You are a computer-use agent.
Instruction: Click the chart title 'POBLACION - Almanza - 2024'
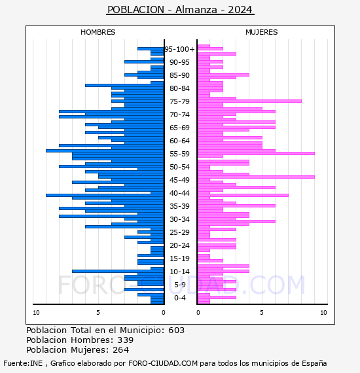180,10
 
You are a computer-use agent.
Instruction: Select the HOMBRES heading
98,32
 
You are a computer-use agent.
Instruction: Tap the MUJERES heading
262,32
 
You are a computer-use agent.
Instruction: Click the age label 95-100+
179,49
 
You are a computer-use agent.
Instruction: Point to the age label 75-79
179,101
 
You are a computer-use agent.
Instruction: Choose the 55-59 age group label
179,154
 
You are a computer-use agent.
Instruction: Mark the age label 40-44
179,193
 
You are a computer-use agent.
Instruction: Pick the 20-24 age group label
179,245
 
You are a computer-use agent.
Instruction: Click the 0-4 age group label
179,298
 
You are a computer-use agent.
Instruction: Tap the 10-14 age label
179,272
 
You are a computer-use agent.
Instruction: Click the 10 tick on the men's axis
36,313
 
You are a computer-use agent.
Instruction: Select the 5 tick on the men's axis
98,313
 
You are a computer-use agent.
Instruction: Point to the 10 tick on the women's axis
323,313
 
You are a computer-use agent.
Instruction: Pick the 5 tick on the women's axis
262,313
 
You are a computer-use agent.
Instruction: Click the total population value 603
176,330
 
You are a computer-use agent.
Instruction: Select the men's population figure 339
126,340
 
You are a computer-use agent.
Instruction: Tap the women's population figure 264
121,349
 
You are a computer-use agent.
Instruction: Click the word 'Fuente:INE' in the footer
23,363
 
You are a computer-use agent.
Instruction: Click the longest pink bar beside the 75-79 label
249,101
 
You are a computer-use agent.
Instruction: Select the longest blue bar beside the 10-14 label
118,271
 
